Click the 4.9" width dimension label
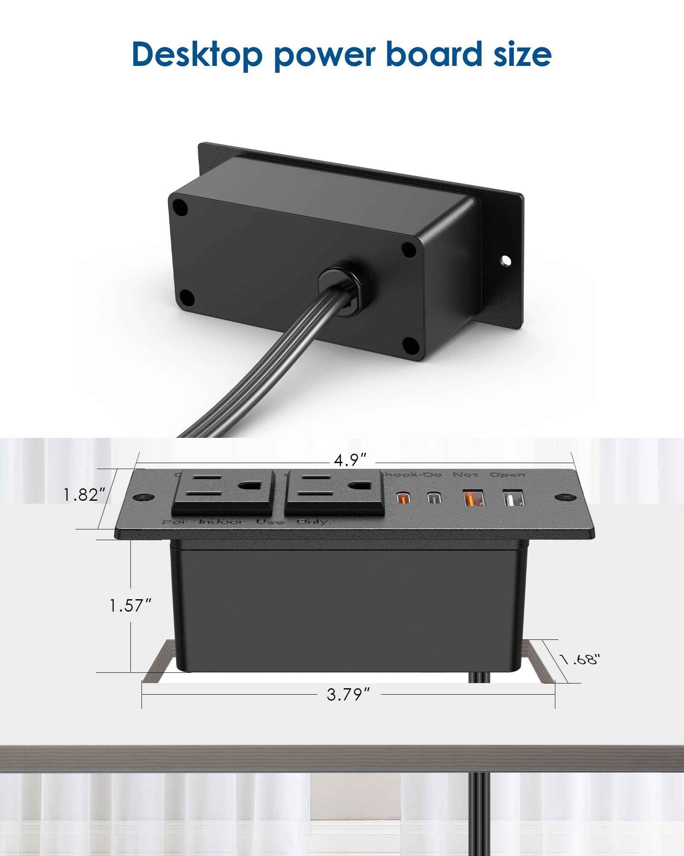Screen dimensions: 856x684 coord(350,461)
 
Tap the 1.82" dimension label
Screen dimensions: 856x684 coord(84,495)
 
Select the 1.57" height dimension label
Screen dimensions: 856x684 coord(130,605)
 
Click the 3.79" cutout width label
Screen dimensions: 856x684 coord(348,695)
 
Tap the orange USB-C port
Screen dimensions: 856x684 coord(402,498)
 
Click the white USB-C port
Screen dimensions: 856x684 coord(433,498)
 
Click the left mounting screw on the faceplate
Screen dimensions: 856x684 coord(142,498)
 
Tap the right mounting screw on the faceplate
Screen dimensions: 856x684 coord(564,498)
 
